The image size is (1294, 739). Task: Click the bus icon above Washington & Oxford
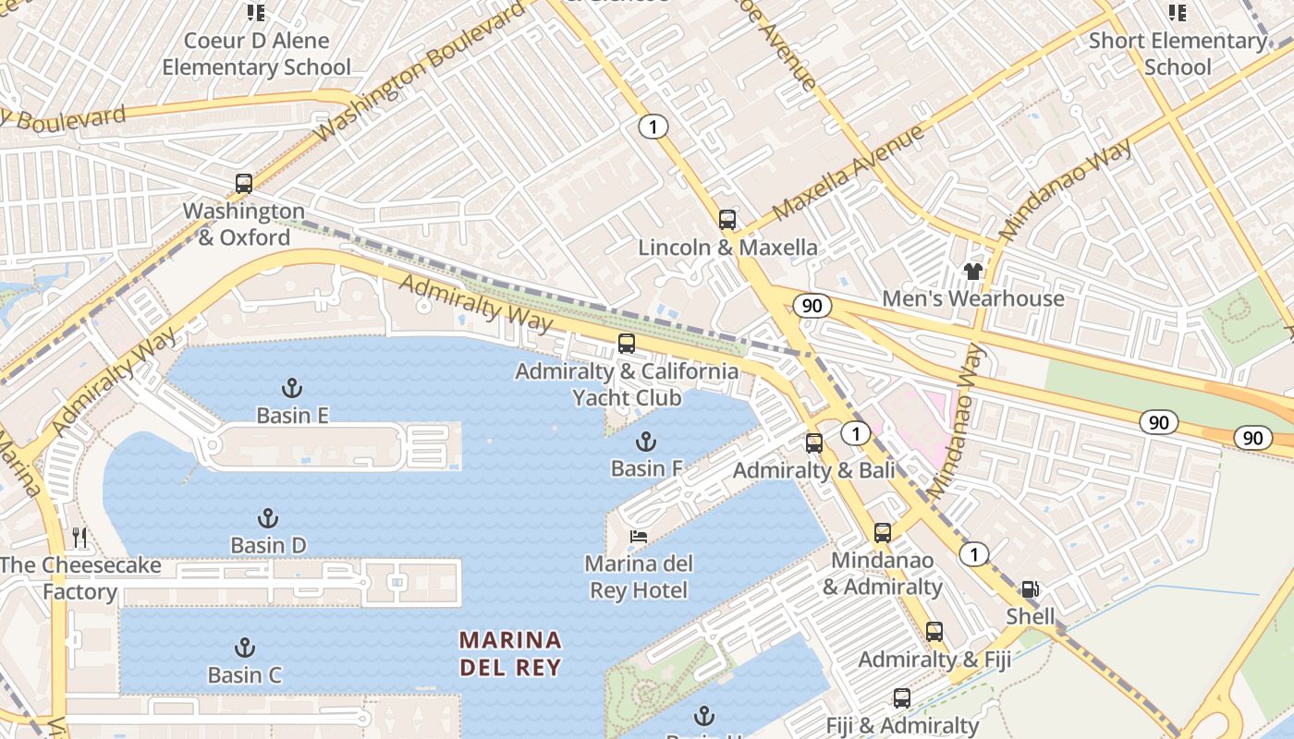click(x=243, y=183)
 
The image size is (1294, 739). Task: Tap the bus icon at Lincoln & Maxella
click(x=727, y=219)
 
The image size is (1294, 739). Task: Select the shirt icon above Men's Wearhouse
click(x=972, y=271)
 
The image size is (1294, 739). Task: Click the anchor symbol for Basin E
click(x=292, y=387)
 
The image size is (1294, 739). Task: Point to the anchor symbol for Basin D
click(x=268, y=517)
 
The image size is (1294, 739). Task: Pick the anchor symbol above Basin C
click(x=245, y=647)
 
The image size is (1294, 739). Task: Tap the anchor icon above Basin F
click(x=645, y=441)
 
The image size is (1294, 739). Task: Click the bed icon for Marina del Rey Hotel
click(x=638, y=536)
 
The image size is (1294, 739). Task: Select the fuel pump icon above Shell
click(x=1029, y=588)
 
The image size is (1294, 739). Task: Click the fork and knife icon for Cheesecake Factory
click(x=79, y=537)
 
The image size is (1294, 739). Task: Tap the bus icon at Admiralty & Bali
click(x=813, y=442)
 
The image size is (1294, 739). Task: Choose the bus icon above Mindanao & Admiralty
click(x=883, y=532)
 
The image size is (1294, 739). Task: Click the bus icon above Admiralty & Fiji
click(x=934, y=632)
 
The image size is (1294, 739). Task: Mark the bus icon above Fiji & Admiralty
click(x=901, y=698)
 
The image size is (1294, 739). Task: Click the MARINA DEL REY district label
click(x=510, y=653)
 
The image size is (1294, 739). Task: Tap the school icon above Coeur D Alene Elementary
click(x=256, y=12)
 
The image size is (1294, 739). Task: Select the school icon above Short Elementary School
click(x=1177, y=12)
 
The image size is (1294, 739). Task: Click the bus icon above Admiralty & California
click(x=627, y=344)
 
